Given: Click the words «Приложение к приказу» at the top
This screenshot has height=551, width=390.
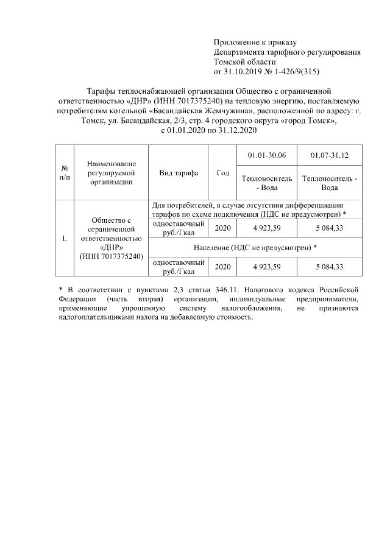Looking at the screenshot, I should pos(254,42).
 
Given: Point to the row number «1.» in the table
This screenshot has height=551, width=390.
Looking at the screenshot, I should pos(64,238).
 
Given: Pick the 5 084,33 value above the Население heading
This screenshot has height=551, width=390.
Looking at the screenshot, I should pos(329,228).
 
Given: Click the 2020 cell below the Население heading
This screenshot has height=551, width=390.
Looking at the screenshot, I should pos(223,267).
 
